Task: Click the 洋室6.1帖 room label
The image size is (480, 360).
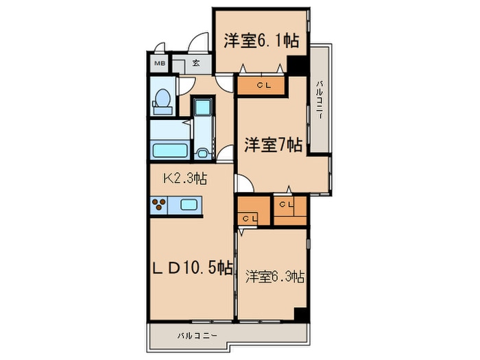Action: click(x=261, y=40)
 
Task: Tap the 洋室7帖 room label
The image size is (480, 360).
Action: click(x=273, y=145)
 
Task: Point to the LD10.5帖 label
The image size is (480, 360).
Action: click(x=192, y=268)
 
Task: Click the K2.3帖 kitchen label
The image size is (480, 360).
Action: click(x=186, y=178)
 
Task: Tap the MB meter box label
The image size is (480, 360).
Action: click(x=160, y=64)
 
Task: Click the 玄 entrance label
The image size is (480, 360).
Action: click(x=196, y=63)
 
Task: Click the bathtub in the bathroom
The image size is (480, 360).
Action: click(x=170, y=150)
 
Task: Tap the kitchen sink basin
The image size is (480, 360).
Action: click(x=189, y=204)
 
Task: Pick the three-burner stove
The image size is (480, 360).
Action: click(x=159, y=204)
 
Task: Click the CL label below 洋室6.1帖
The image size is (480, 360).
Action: click(x=263, y=86)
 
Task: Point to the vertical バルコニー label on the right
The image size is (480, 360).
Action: click(x=320, y=100)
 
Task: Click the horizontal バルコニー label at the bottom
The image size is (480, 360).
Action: click(x=197, y=336)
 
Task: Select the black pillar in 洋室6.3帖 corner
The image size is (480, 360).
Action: click(x=300, y=314)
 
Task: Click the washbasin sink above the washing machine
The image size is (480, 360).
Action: click(x=202, y=108)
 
